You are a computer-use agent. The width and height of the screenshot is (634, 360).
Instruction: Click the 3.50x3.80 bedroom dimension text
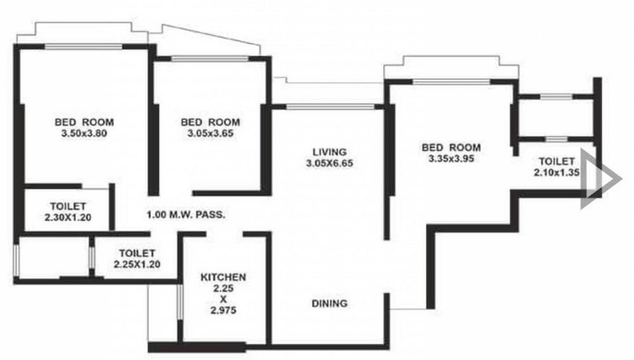pyautogui.click(x=84, y=133)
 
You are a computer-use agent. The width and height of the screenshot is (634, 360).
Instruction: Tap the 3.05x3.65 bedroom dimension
pyautogui.click(x=210, y=133)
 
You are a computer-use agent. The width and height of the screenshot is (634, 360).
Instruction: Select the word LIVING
pyautogui.click(x=330, y=152)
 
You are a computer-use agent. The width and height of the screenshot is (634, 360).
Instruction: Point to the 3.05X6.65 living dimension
pyautogui.click(x=330, y=164)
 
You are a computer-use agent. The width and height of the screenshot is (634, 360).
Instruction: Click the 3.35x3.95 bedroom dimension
pyautogui.click(x=451, y=158)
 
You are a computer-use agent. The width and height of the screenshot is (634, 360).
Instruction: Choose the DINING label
pyautogui.click(x=330, y=303)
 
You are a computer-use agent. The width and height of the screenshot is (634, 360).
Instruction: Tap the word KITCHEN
pyautogui.click(x=223, y=277)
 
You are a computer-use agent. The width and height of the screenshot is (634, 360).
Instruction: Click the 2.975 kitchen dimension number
pyautogui.click(x=223, y=311)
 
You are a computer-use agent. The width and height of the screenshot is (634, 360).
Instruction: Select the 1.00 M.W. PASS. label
pyautogui.click(x=186, y=215)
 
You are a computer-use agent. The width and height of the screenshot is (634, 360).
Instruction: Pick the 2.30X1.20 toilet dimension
pyautogui.click(x=68, y=217)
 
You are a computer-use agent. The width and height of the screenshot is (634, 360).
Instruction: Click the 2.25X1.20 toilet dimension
pyautogui.click(x=137, y=264)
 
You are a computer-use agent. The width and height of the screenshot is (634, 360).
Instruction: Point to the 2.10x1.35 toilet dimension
pyautogui.click(x=557, y=172)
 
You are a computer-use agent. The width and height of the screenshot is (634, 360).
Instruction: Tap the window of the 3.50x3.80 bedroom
pyautogui.click(x=83, y=46)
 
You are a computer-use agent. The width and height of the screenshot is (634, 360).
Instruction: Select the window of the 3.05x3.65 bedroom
pyautogui.click(x=209, y=58)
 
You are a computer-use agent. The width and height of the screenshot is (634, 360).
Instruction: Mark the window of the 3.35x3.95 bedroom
pyautogui.click(x=451, y=82)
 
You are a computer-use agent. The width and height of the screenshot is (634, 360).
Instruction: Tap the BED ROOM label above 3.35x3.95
pyautogui.click(x=451, y=147)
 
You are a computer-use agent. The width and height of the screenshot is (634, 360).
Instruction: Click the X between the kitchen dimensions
pyautogui.click(x=223, y=299)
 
